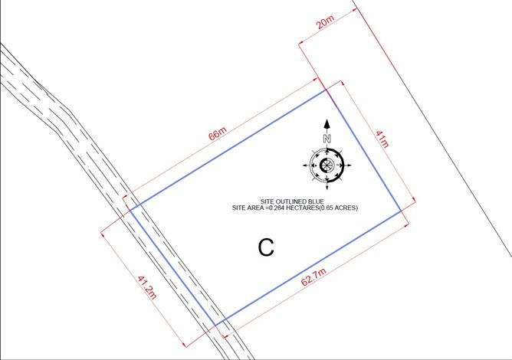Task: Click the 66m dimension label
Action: (218, 134)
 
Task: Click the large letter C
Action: (266, 247)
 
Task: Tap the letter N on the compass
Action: (327, 139)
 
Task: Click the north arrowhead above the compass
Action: (327, 123)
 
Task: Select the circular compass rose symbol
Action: (327, 164)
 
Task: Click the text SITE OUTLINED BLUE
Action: (295, 201)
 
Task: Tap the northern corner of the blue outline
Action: (327, 91)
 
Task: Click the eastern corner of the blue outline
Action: (401, 211)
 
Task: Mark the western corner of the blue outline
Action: (127, 208)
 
